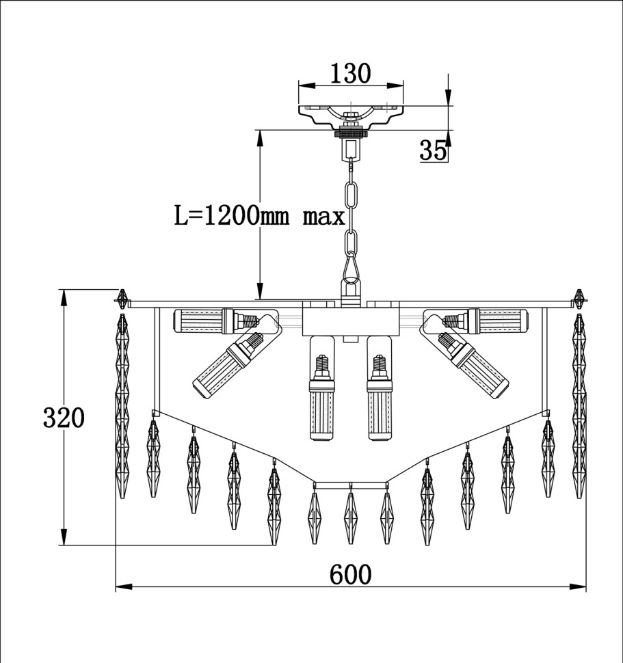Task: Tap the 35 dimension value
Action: click(433, 150)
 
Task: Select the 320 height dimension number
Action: click(64, 418)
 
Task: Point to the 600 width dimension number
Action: click(350, 574)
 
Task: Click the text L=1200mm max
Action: click(260, 215)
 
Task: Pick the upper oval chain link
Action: click(351, 195)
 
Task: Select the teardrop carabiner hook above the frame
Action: click(351, 268)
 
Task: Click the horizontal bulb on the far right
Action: click(486, 321)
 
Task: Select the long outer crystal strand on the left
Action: click(122, 406)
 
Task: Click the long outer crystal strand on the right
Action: click(579, 406)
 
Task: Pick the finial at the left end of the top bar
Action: click(122, 299)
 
